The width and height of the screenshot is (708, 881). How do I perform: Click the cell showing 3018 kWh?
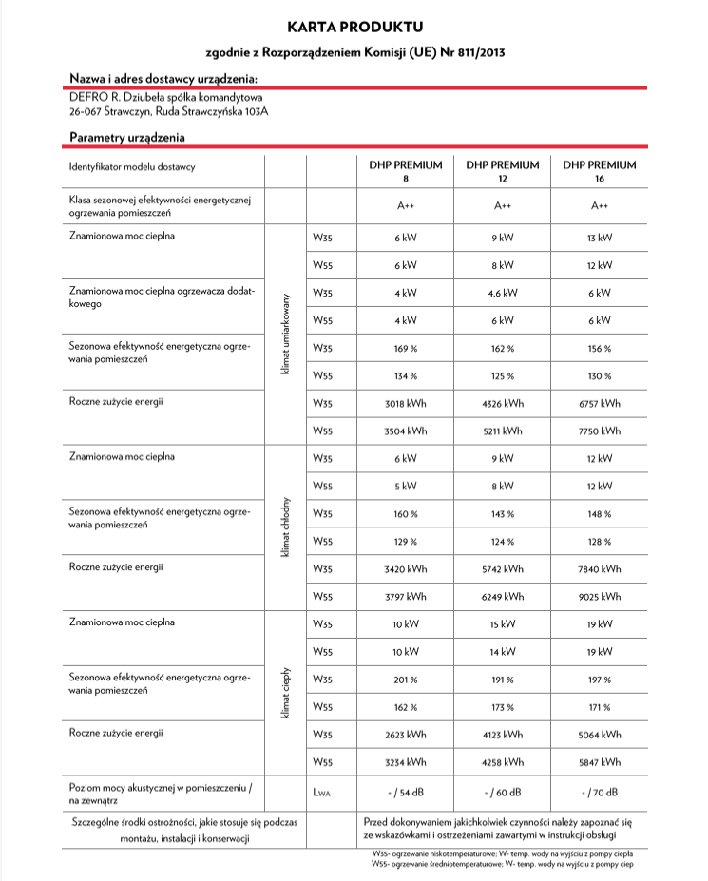point(406,403)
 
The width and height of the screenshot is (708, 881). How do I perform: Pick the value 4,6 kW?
point(503,293)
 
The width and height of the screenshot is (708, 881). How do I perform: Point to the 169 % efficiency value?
point(406,348)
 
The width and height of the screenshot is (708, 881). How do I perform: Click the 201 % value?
point(406,680)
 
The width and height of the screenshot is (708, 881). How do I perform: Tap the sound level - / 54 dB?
point(406,792)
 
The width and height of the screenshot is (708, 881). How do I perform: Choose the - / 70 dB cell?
point(600,792)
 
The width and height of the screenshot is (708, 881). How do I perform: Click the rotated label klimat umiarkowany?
point(285,334)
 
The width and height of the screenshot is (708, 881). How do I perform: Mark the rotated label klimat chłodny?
point(285,527)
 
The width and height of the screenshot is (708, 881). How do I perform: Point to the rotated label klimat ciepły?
point(285,693)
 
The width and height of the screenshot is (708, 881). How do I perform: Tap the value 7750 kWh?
point(600,431)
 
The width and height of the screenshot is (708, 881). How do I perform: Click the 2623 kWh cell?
point(406,735)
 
